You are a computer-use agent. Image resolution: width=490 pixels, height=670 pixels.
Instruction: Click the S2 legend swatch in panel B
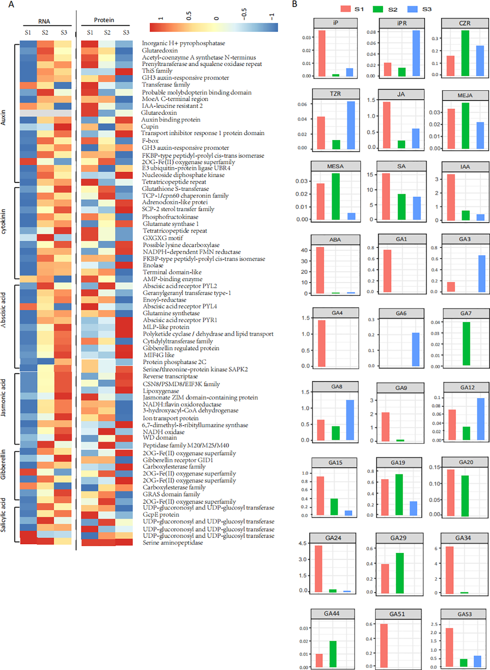click(378, 9)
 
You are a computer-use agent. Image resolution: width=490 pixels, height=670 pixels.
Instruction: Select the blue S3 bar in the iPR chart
click(416, 53)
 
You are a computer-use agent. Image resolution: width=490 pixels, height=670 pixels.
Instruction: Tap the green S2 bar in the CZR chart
click(465, 53)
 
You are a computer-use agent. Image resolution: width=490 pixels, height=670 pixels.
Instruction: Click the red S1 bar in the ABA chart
click(320, 270)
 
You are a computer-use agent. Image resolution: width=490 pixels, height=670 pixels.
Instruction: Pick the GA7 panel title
click(466, 313)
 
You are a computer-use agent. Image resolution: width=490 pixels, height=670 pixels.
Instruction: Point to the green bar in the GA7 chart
click(466, 344)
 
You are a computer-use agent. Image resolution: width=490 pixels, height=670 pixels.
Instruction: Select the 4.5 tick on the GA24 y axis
click(302, 544)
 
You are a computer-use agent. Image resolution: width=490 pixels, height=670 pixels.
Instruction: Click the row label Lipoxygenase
click(161, 391)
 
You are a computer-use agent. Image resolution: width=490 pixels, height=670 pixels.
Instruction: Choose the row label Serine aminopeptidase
click(173, 542)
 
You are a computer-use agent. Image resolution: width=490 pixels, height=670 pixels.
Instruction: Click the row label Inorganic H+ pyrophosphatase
click(183, 43)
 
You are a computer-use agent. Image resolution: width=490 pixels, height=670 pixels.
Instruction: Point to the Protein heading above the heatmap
click(104, 20)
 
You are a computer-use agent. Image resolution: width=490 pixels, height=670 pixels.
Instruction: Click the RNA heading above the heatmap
click(44, 21)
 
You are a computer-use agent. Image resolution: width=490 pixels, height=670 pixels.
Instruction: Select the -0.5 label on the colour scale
click(244, 14)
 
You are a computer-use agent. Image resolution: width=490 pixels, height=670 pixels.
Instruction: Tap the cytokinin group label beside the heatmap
click(3, 221)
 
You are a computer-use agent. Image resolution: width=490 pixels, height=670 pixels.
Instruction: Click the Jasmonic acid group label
click(3, 398)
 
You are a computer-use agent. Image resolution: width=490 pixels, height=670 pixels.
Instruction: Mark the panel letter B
click(294, 4)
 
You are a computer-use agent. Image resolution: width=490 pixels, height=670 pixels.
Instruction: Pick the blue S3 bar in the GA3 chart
click(482, 273)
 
